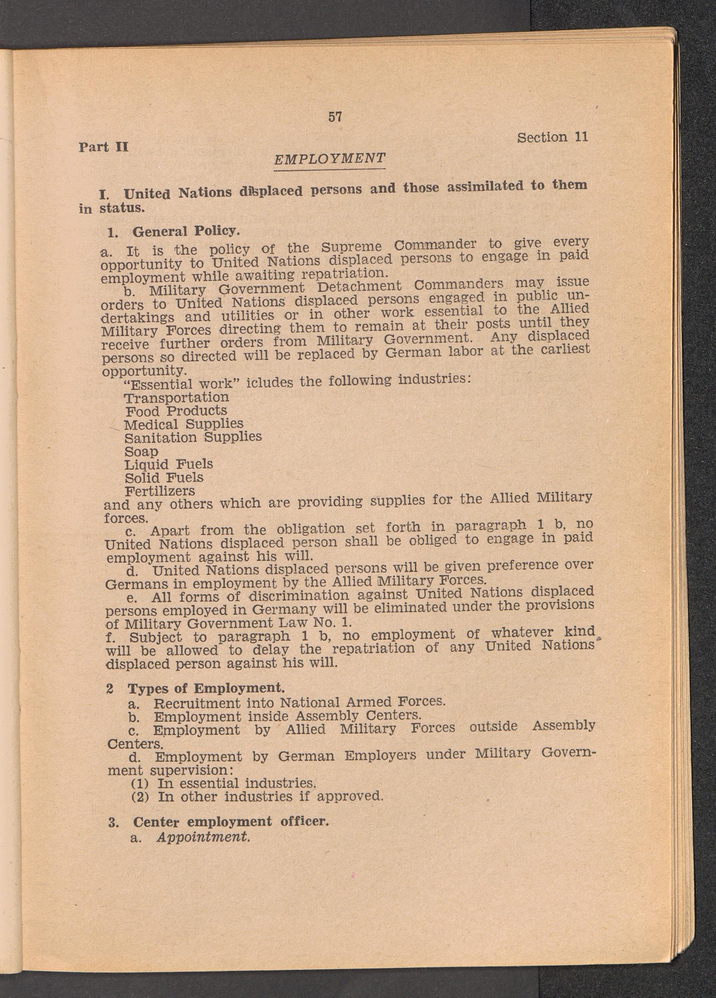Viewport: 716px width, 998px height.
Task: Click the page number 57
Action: pyautogui.click(x=335, y=117)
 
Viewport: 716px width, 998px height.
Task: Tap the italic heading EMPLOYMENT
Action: pyautogui.click(x=329, y=158)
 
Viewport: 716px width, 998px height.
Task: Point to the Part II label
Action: pyautogui.click(x=103, y=147)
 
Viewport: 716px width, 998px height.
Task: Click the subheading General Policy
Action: pyautogui.click(x=186, y=231)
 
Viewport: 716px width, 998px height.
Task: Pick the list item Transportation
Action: pyautogui.click(x=176, y=398)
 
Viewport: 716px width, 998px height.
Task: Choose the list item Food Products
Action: pyautogui.click(x=176, y=411)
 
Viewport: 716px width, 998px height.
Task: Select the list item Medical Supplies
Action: pyautogui.click(x=183, y=425)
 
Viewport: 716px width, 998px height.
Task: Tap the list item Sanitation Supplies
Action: pyautogui.click(x=193, y=438)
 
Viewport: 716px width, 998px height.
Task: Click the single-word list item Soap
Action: pyautogui.click(x=141, y=452)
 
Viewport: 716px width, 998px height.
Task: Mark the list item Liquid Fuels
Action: pyautogui.click(x=169, y=465)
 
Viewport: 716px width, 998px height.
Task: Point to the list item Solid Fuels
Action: pyautogui.click(x=164, y=478)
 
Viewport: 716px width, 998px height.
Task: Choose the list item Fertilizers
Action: pyautogui.click(x=160, y=491)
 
